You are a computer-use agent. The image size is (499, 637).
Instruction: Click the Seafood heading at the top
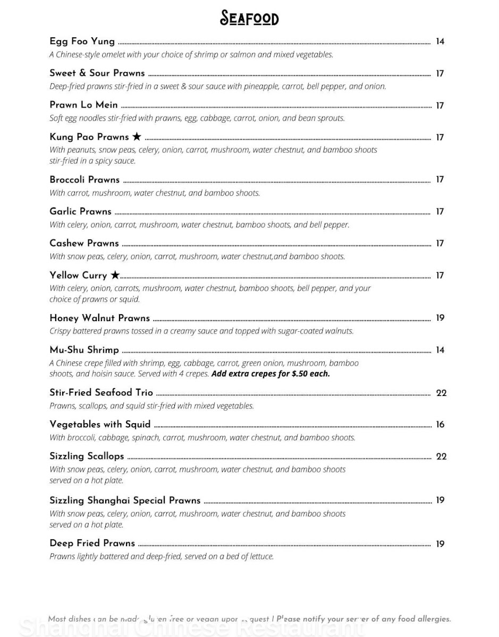(x=249, y=19)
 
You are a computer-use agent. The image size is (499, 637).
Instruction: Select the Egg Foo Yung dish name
(x=82, y=41)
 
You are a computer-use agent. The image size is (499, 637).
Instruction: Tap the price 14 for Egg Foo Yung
(x=439, y=42)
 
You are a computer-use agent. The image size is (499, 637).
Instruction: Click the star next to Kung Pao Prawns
(x=137, y=137)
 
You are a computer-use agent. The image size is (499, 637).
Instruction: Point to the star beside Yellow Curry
(x=115, y=275)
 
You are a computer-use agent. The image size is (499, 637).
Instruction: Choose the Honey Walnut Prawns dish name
(x=99, y=318)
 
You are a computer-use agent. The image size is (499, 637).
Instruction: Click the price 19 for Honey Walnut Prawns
(x=439, y=318)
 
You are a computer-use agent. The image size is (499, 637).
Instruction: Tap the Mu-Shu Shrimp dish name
(x=84, y=350)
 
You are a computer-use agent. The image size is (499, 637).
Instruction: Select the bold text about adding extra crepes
(x=270, y=374)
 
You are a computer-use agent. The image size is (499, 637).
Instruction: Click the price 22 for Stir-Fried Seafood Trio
(x=441, y=393)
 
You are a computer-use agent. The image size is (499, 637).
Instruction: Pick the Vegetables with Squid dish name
(x=100, y=424)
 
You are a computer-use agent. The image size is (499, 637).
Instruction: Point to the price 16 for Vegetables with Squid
(x=439, y=425)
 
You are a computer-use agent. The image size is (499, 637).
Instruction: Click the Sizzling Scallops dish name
(x=87, y=456)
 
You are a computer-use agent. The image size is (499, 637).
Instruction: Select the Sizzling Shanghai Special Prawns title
(x=125, y=500)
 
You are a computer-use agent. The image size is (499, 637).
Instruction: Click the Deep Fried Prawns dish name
(x=92, y=543)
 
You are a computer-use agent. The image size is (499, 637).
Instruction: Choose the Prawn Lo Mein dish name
(x=83, y=105)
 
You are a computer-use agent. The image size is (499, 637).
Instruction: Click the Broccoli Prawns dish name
(x=84, y=179)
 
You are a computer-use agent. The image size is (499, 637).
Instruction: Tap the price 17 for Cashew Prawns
(x=439, y=244)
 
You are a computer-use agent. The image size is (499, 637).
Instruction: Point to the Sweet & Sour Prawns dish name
(x=97, y=73)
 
